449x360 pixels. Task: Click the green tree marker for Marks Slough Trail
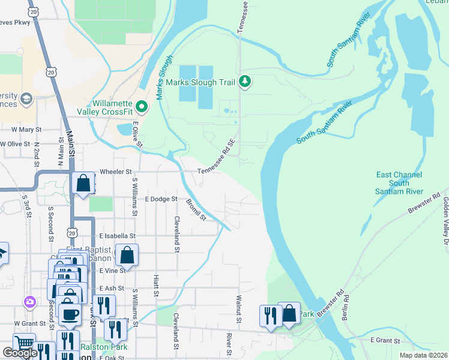[x=244, y=81]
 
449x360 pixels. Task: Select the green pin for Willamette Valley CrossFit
[x=142, y=107]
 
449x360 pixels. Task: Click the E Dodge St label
[x=161, y=199]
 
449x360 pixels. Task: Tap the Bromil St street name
[x=196, y=209]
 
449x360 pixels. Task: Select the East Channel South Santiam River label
[x=399, y=183]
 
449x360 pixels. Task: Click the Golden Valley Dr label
[x=445, y=219]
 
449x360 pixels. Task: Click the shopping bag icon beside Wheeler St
[x=83, y=183]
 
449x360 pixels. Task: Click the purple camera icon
[x=28, y=301]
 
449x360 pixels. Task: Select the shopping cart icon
[x=24, y=344]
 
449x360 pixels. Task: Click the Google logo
[x=20, y=353]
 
